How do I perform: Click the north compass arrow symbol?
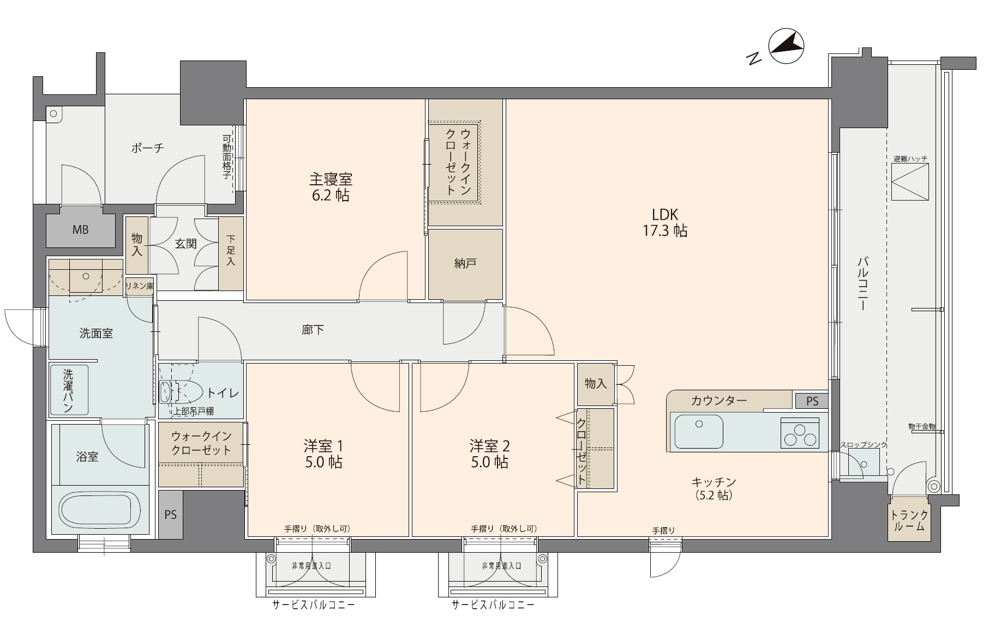[x=786, y=46]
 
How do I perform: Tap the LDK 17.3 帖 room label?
[x=664, y=222]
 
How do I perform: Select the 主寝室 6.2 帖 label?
[x=331, y=187]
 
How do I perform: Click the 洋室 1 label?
[x=323, y=446]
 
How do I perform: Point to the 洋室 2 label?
[x=489, y=446]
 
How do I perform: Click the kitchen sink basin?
[x=699, y=431]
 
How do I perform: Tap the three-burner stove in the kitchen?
[x=800, y=433]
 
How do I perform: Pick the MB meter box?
[x=80, y=229]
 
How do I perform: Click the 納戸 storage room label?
[x=465, y=263]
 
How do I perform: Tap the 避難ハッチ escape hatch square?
[x=910, y=182]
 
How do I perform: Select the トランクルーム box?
[x=909, y=521]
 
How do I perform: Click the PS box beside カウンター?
[x=812, y=401]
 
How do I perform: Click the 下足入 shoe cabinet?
[x=231, y=254]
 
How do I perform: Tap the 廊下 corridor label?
[x=313, y=330]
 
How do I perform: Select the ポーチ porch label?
[x=147, y=148]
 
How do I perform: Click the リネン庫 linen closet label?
[x=140, y=286]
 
